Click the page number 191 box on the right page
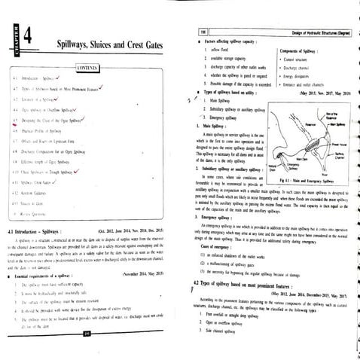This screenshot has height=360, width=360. [204, 8]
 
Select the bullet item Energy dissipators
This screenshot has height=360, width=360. [300, 54]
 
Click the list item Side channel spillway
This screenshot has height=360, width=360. [233, 309]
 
